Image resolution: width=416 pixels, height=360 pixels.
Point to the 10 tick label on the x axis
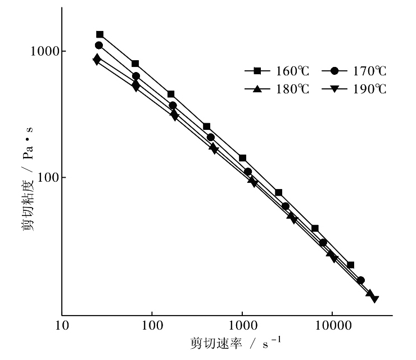[62, 326]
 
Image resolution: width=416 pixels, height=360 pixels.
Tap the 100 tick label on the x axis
[152, 326]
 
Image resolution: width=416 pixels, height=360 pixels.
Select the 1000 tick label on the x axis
[242, 326]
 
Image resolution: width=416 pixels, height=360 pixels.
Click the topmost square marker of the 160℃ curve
[100, 34]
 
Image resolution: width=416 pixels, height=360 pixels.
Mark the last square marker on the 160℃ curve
[351, 265]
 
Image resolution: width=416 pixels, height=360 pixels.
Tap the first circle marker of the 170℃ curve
[99, 45]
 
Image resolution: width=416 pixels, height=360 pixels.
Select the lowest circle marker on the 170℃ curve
[361, 280]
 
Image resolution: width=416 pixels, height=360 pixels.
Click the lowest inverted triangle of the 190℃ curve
[375, 299]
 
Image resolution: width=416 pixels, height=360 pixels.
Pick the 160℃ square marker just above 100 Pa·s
[242, 158]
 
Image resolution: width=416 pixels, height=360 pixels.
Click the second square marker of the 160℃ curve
[135, 64]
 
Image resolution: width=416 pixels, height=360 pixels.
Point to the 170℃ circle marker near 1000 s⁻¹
[247, 172]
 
